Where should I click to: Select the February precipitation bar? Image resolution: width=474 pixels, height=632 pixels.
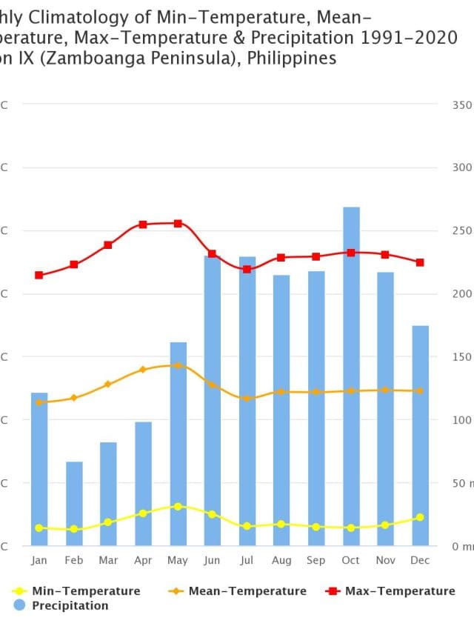click(x=74, y=504)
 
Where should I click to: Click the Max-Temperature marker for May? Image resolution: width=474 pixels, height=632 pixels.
click(x=178, y=223)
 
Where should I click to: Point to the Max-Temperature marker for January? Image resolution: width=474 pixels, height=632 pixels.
click(x=39, y=275)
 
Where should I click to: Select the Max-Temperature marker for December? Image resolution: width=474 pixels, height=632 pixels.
click(x=420, y=262)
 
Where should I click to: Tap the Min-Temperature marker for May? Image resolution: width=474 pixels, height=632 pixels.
click(x=178, y=506)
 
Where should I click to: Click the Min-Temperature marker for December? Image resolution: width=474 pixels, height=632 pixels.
click(x=420, y=517)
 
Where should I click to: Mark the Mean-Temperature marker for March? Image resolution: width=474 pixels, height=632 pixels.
click(x=108, y=384)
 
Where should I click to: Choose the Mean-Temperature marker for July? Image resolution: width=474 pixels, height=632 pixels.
click(x=247, y=399)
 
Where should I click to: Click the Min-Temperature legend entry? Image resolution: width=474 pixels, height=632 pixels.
click(x=77, y=591)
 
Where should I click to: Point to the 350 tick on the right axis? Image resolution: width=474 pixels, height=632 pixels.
click(x=461, y=104)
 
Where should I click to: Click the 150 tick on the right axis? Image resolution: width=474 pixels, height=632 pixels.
click(x=461, y=356)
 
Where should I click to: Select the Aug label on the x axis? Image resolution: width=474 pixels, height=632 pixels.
click(x=281, y=561)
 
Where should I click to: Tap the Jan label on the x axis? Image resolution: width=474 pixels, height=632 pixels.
click(x=39, y=561)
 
